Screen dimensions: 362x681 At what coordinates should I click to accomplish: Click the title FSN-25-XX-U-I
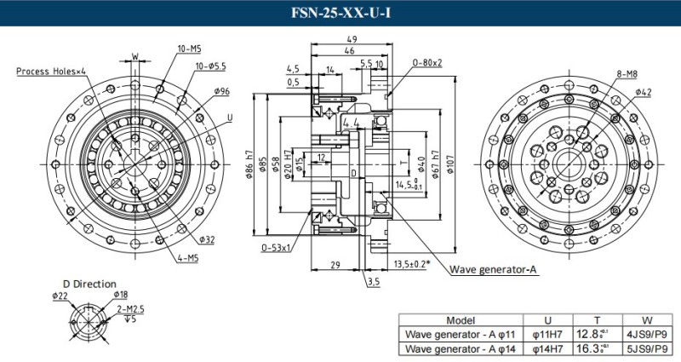[x=340, y=13]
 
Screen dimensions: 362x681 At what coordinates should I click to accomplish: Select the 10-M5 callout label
[x=189, y=49]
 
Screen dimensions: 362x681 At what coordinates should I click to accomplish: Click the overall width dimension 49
[x=349, y=40]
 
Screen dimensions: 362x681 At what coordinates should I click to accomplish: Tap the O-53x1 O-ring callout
[x=277, y=248]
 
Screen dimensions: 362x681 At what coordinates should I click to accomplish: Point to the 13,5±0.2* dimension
[x=411, y=264]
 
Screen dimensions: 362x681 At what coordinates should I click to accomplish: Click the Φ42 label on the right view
[x=643, y=91]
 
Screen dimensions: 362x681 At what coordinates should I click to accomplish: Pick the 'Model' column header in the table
[x=460, y=319]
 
